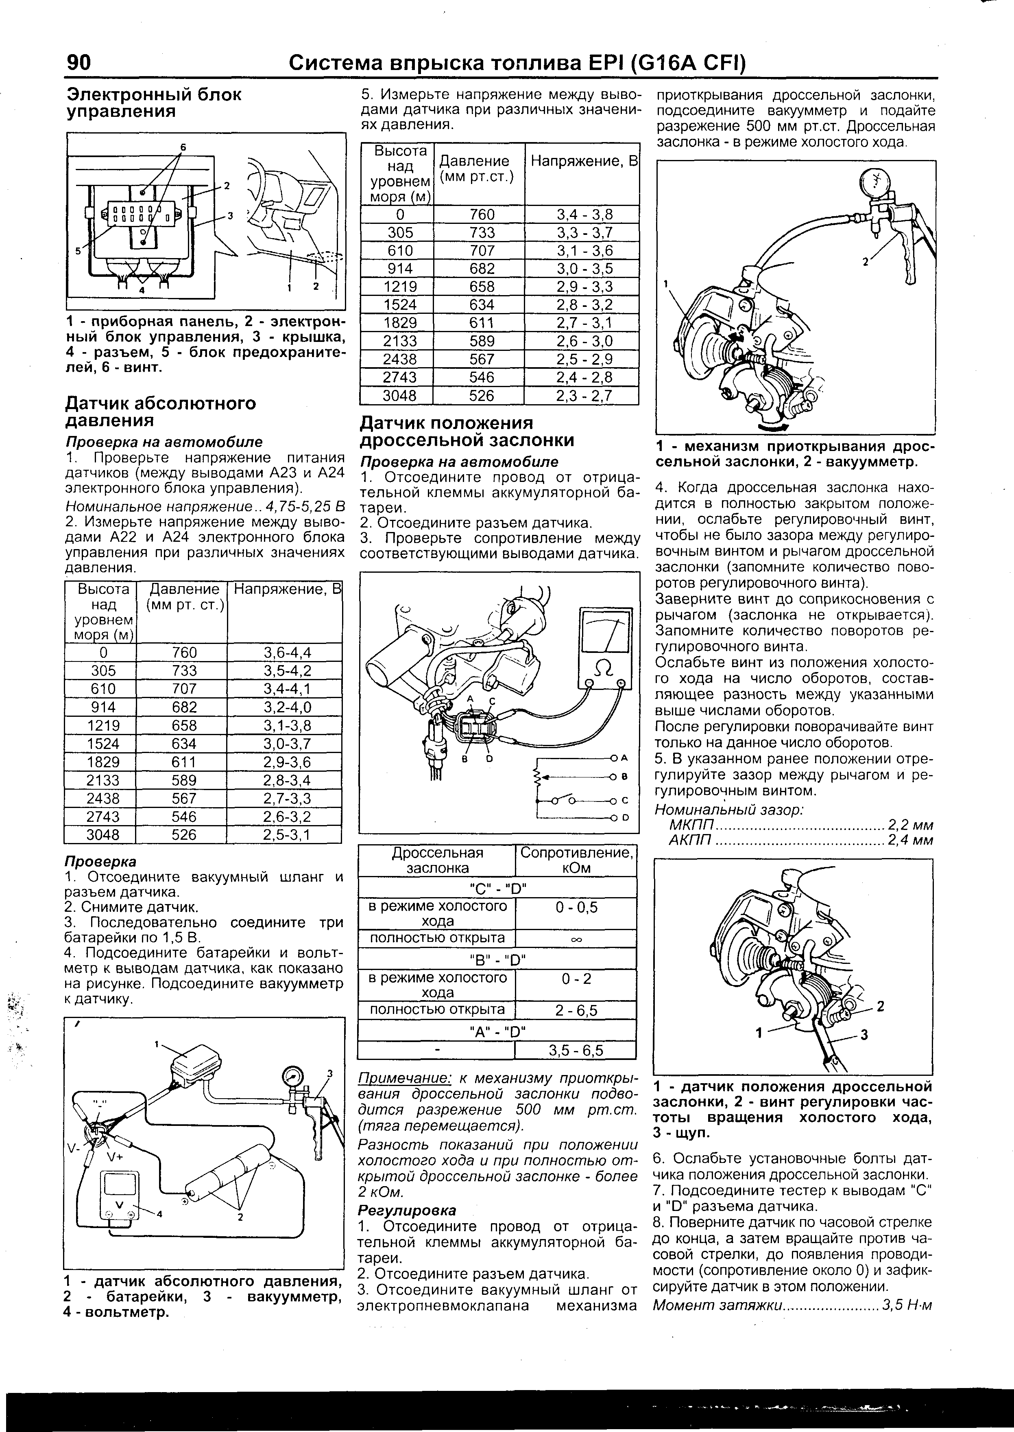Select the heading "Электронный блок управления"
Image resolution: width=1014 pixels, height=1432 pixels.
tap(154, 103)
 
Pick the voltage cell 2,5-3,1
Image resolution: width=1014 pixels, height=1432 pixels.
tap(287, 835)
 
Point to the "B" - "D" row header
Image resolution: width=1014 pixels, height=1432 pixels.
tap(497, 959)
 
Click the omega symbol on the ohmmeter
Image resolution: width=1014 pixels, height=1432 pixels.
tap(604, 668)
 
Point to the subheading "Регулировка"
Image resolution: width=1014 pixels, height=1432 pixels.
tap(407, 1210)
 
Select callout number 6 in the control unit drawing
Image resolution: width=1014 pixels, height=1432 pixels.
tap(183, 147)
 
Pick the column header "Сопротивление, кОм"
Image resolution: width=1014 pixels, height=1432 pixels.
tap(576, 861)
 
